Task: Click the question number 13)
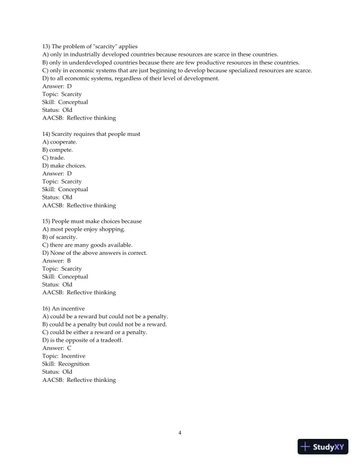(x=47, y=46)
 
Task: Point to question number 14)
(x=47, y=134)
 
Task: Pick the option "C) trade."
(x=54, y=158)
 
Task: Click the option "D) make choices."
(x=64, y=166)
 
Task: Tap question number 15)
(x=47, y=221)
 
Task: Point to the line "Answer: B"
(x=56, y=261)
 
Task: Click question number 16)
(x=47, y=308)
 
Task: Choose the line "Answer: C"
(x=57, y=348)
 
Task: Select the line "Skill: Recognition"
(x=66, y=364)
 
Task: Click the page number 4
(x=180, y=433)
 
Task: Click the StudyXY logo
(x=323, y=446)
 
